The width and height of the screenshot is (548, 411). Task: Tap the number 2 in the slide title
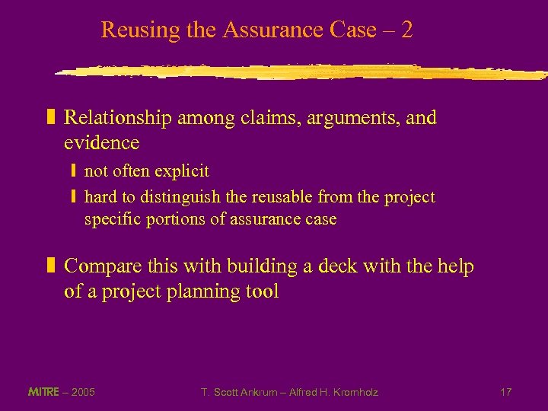(407, 30)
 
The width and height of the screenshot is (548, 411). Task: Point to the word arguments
(317, 119)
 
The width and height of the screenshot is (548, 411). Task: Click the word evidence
(102, 142)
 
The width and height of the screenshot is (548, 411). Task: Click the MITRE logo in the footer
(43, 392)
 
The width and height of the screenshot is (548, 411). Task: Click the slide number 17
(506, 392)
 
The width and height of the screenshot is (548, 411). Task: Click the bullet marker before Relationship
(52, 118)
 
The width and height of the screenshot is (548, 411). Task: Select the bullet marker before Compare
(52, 266)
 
